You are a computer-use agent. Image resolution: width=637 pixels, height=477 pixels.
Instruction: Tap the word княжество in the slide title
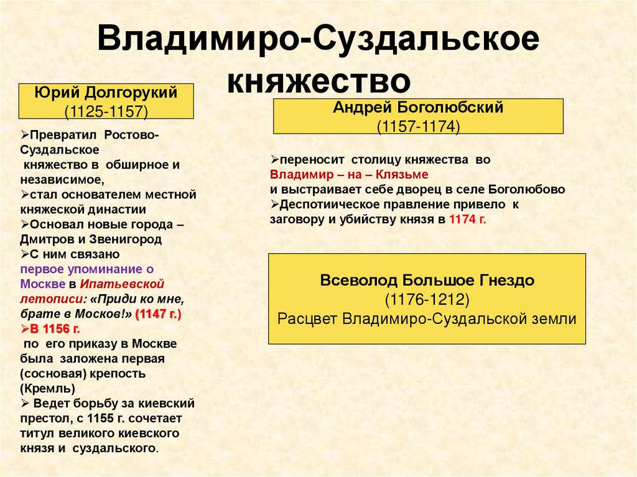[318, 81]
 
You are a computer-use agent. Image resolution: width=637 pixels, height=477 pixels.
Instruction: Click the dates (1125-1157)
[106, 111]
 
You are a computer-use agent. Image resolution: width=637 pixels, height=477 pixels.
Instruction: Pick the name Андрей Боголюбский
[418, 108]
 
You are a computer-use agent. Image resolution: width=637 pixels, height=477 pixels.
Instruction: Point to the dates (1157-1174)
[418, 126]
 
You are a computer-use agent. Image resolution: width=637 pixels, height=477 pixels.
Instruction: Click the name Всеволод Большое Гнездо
[427, 280]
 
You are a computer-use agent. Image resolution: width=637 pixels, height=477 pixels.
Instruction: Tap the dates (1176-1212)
[427, 299]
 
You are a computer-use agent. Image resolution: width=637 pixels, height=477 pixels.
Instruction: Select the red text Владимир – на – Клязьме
[349, 174]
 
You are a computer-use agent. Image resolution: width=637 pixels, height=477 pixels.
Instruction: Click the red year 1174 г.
[467, 220]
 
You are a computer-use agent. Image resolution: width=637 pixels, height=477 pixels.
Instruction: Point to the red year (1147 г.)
[158, 314]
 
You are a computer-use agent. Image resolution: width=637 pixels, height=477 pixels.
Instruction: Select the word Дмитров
[45, 239]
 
